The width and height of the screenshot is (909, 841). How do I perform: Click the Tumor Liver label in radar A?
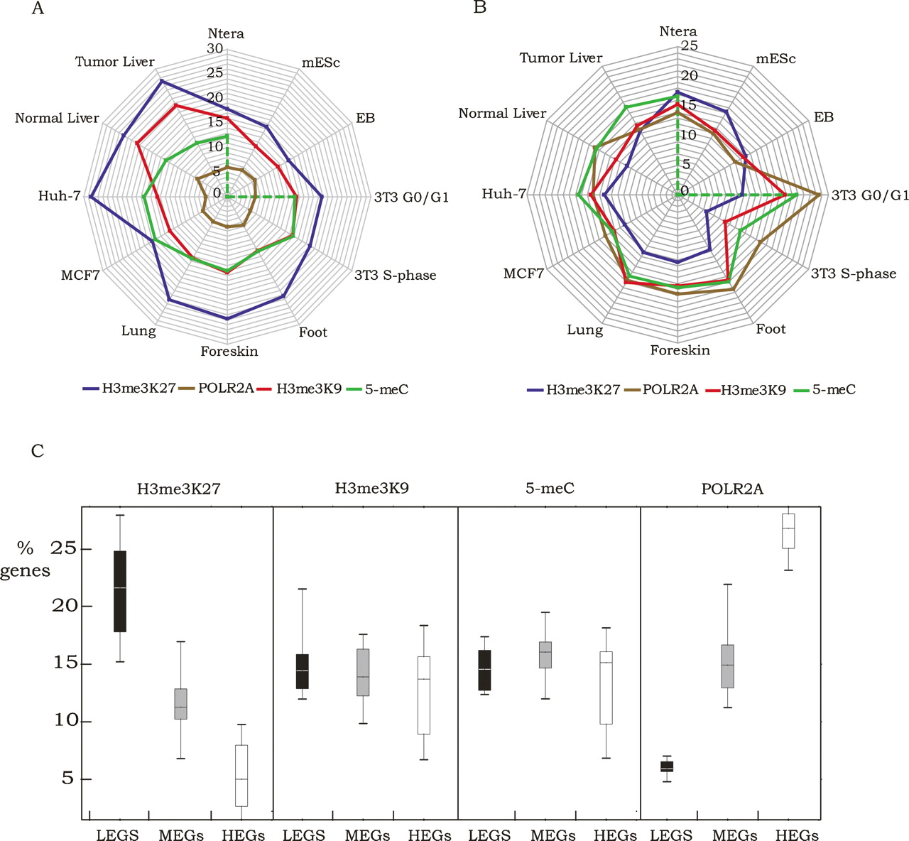115,62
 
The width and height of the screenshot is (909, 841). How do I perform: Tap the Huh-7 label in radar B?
504,193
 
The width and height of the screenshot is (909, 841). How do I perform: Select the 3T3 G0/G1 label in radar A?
411,197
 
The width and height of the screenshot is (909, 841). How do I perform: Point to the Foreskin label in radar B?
680,349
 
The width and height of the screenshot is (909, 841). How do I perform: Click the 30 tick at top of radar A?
214,49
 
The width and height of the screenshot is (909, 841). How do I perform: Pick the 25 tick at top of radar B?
689,46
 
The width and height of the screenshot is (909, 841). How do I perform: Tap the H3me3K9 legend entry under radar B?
753,389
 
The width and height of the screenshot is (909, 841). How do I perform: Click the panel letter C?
38,450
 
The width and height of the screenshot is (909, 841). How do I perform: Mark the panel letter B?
480,8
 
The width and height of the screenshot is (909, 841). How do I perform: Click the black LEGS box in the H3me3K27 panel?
120,591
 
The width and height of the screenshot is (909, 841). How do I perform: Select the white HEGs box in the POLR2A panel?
788,531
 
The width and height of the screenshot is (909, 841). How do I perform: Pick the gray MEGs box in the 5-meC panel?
545,655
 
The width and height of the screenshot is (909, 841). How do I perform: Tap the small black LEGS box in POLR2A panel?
667,766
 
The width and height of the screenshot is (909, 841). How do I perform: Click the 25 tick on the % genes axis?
65,549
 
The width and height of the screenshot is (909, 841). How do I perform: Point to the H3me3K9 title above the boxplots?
371,488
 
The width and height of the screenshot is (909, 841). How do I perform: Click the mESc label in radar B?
775,59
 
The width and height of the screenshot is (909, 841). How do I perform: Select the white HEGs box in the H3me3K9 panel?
424,695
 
